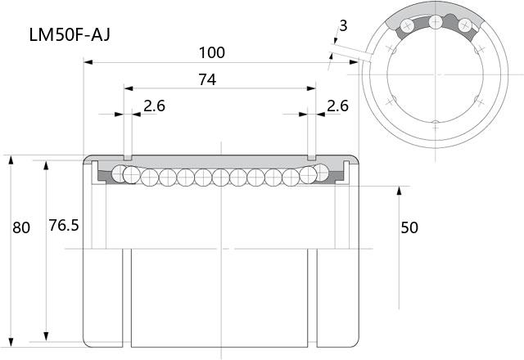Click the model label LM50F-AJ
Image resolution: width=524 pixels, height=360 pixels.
[70, 34]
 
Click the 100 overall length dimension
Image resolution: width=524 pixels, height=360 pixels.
[212, 52]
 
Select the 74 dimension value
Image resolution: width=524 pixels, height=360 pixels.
[207, 79]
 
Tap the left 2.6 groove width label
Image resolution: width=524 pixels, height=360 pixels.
[155, 106]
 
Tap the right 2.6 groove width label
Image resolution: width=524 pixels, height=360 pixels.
[337, 106]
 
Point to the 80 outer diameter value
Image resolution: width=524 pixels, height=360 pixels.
[21, 227]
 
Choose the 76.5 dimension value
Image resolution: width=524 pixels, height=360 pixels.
[64, 226]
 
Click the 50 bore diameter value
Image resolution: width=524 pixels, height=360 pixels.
[409, 227]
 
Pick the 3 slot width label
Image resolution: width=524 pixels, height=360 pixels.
[343, 25]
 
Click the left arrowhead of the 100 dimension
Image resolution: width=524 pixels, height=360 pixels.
[88, 62]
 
